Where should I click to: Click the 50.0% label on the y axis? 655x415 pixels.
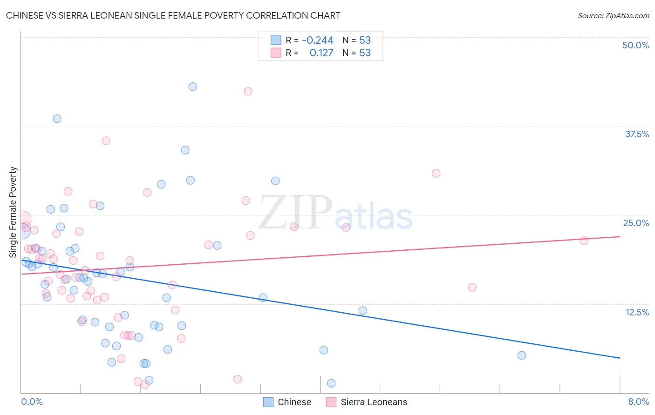coord(635,45)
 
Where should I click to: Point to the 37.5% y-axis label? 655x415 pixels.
coord(637,134)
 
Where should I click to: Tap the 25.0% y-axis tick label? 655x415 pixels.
coord(636,223)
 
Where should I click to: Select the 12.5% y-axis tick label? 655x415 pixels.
coord(637,312)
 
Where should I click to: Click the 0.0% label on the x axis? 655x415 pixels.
coord(32,402)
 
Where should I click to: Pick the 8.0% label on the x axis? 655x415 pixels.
coord(638,402)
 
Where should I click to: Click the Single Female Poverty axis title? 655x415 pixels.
coord(13,212)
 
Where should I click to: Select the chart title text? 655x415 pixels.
coord(173,15)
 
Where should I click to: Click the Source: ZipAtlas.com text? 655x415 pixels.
coord(613,15)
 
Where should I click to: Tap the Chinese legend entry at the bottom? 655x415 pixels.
coord(287,402)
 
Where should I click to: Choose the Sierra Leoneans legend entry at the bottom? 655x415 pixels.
coord(367,402)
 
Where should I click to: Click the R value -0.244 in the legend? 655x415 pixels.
coord(318,40)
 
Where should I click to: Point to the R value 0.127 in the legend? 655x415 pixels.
coord(321,53)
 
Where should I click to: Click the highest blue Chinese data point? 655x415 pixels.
coord(192,87)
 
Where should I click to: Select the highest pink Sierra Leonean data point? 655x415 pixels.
coord(248,91)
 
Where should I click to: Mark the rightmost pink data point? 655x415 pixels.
coord(584,241)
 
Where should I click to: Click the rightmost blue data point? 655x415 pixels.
coord(522,355)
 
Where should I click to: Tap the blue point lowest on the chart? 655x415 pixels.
coord(331,383)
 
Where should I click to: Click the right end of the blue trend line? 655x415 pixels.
coord(620,358)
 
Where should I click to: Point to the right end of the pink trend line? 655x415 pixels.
coord(620,237)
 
